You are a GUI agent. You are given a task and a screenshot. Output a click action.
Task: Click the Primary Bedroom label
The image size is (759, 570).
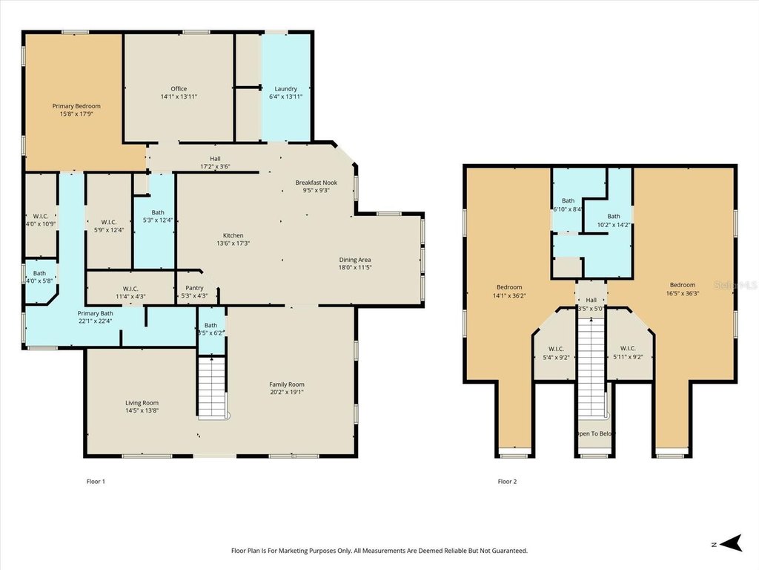click(x=76, y=106)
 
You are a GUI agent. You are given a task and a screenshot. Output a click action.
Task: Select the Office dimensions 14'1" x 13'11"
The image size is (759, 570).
click(x=179, y=96)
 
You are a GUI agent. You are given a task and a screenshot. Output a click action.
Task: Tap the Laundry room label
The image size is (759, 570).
click(x=285, y=89)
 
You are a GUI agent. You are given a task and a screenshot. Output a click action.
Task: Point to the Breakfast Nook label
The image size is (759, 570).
click(x=316, y=183)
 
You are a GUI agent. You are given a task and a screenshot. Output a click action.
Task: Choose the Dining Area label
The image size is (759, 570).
click(x=355, y=260)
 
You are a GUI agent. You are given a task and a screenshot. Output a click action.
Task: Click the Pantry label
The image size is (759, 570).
click(x=195, y=288)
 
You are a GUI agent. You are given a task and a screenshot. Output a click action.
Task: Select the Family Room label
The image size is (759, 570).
click(x=287, y=384)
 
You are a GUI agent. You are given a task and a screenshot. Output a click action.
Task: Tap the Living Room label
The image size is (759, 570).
click(x=142, y=403)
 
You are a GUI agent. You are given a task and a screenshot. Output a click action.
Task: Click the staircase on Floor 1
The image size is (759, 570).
click(x=212, y=387)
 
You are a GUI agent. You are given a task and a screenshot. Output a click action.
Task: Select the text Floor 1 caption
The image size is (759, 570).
click(x=96, y=482)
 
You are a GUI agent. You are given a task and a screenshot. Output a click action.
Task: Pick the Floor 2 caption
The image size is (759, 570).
click(x=508, y=482)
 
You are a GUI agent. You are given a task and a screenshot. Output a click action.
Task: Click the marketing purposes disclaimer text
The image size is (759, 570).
click(x=379, y=551)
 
